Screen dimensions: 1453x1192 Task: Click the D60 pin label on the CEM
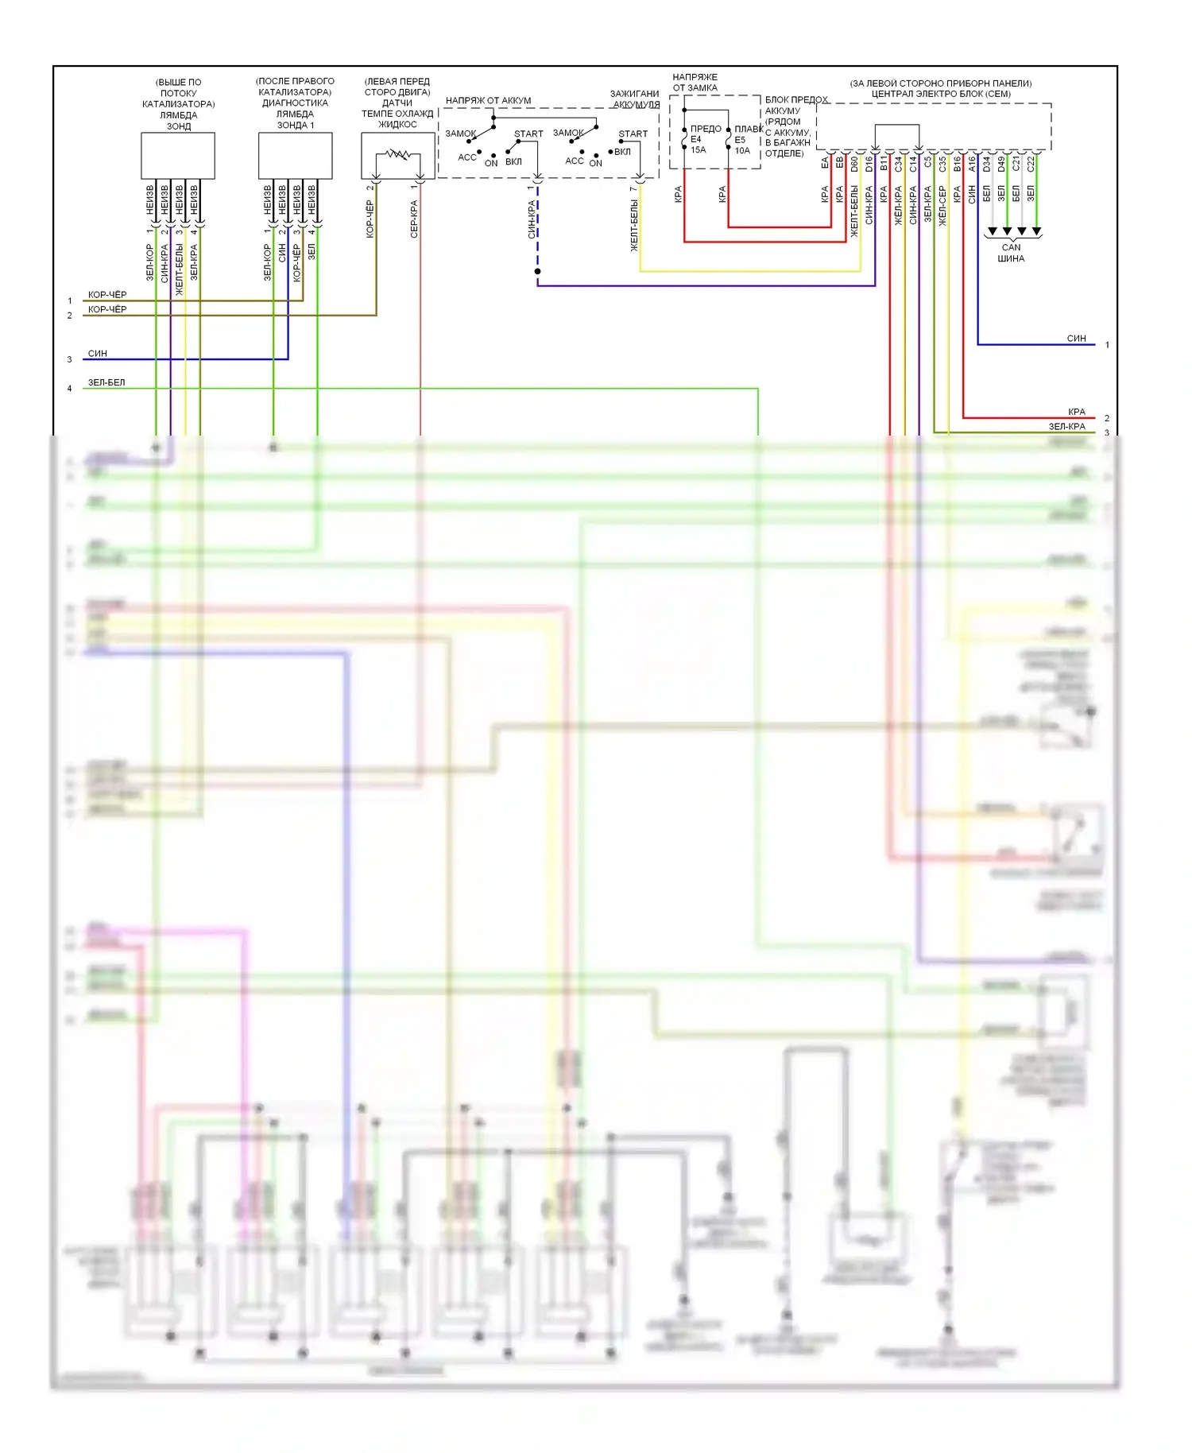click(854, 164)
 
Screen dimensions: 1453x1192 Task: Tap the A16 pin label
click(972, 164)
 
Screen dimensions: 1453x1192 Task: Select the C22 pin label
click(1031, 164)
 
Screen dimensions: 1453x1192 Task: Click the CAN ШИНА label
click(1011, 253)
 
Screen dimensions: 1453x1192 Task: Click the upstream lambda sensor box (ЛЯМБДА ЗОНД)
click(178, 156)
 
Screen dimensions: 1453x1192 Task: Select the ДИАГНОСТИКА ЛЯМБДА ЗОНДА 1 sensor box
click(295, 156)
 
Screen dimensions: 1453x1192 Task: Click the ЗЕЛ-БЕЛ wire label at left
click(106, 382)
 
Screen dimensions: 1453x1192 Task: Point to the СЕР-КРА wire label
click(414, 219)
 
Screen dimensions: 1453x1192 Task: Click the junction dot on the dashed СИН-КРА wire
click(538, 272)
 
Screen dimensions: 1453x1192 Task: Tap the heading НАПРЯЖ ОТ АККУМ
click(488, 101)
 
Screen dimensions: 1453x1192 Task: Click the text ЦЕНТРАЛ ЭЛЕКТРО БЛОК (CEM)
click(941, 94)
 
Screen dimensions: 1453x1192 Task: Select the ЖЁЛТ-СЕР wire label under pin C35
click(942, 207)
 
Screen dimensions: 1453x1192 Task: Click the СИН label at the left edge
click(97, 354)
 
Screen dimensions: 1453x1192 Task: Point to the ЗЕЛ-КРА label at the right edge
click(1066, 427)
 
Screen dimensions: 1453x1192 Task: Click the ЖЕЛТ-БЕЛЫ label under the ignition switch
click(634, 226)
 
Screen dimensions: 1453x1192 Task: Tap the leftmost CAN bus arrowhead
click(993, 232)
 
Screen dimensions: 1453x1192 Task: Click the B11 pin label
click(884, 164)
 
